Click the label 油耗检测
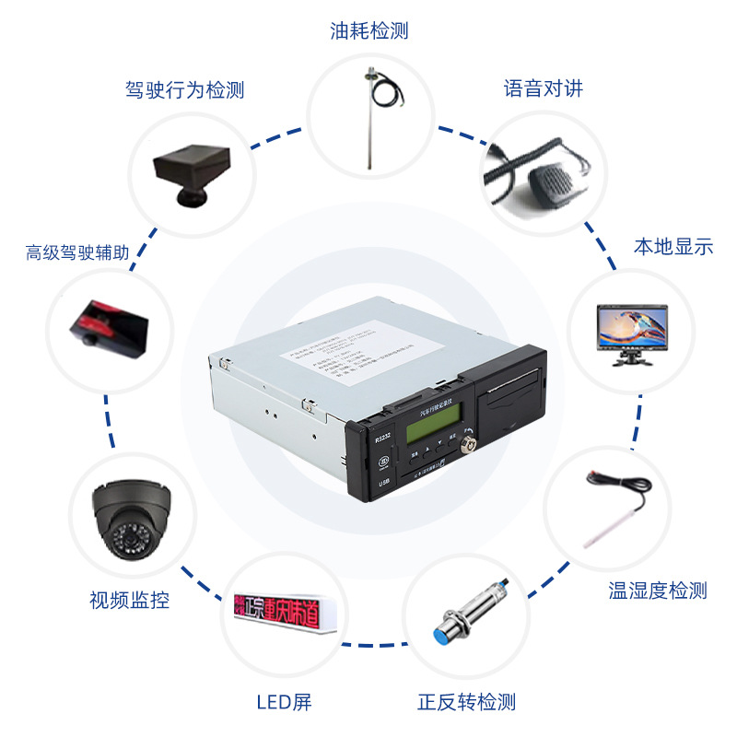pos(368,31)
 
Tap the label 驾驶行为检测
pos(184,90)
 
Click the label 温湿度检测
pos(657,591)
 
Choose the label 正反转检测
pos(465,702)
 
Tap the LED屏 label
pos(284,702)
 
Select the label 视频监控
pos(129,601)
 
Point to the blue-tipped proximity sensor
pos(473,614)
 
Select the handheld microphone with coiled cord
pos(534,170)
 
